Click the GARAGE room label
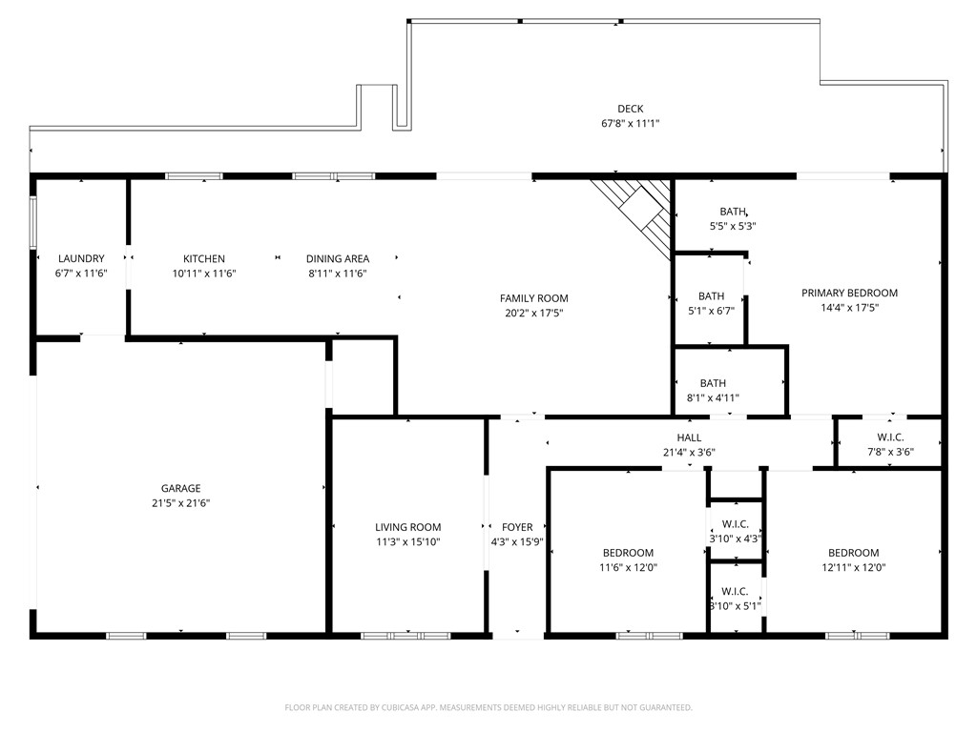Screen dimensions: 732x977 click(x=180, y=489)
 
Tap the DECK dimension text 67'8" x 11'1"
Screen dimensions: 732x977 click(x=630, y=123)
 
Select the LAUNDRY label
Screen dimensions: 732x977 click(x=81, y=259)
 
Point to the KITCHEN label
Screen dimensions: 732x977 click(x=204, y=259)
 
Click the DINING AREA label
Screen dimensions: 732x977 click(x=337, y=259)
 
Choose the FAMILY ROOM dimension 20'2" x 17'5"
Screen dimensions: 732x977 click(x=535, y=313)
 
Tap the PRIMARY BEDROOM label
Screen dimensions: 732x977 click(x=849, y=294)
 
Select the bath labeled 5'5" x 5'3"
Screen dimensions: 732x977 click(x=733, y=218)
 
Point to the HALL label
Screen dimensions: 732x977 click(x=689, y=438)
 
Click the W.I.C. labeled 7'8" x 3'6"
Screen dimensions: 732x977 click(x=889, y=445)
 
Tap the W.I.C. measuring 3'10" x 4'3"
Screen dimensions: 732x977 click(x=735, y=531)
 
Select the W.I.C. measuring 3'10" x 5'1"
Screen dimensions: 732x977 click(x=735, y=599)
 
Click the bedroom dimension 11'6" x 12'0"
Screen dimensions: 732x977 click(x=628, y=567)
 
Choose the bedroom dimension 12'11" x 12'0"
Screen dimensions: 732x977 click(x=853, y=567)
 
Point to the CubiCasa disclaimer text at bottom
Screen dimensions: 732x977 click(x=488, y=707)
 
